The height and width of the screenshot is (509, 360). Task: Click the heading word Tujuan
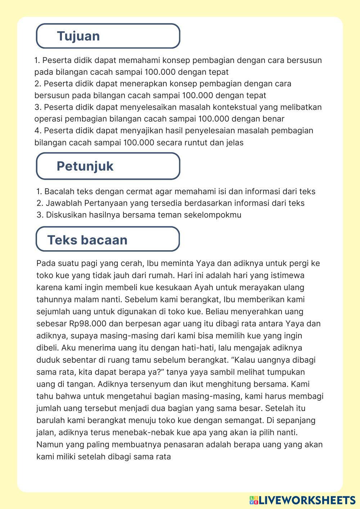point(78,36)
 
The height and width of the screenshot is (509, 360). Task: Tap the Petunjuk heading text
point(85,166)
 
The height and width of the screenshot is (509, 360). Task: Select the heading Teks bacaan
point(87,240)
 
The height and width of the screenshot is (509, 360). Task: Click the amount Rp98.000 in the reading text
point(88,323)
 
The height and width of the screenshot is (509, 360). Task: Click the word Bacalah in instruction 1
point(59,191)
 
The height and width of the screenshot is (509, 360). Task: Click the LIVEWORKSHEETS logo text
point(307,500)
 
